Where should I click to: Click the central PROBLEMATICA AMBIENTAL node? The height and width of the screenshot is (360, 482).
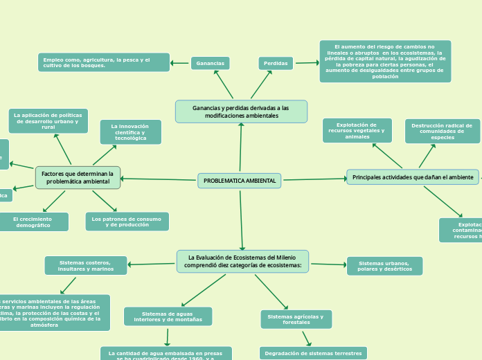click(240, 181)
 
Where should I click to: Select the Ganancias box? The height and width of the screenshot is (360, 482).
click(211, 63)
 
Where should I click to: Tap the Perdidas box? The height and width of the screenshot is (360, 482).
click(276, 63)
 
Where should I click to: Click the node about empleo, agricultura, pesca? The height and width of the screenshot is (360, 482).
click(104, 62)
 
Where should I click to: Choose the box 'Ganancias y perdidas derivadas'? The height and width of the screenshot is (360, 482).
click(241, 111)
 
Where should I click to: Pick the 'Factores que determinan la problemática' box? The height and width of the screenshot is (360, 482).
click(78, 177)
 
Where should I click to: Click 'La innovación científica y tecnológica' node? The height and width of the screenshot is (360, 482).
click(131, 132)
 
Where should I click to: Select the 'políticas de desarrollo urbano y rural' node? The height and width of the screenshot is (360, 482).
click(48, 121)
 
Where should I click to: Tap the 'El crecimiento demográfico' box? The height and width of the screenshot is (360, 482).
click(33, 222)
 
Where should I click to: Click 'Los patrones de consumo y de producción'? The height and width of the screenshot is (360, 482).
click(127, 222)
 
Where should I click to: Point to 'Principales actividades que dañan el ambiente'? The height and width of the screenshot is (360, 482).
click(413, 177)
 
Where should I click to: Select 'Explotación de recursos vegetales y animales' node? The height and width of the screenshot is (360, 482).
click(357, 130)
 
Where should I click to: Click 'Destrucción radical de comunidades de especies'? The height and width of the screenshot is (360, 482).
click(442, 131)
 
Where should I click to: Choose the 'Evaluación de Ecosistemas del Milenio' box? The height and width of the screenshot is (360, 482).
click(242, 261)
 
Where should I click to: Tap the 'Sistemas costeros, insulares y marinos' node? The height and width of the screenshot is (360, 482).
click(86, 265)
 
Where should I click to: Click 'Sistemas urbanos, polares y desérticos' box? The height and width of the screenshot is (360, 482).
click(384, 266)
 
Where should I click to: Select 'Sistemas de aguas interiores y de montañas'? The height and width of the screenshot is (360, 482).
click(168, 316)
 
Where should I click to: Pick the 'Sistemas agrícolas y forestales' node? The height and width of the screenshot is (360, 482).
click(296, 319)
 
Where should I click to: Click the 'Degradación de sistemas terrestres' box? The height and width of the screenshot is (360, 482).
click(313, 353)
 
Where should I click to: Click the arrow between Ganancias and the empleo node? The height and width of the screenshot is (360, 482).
click(180, 63)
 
